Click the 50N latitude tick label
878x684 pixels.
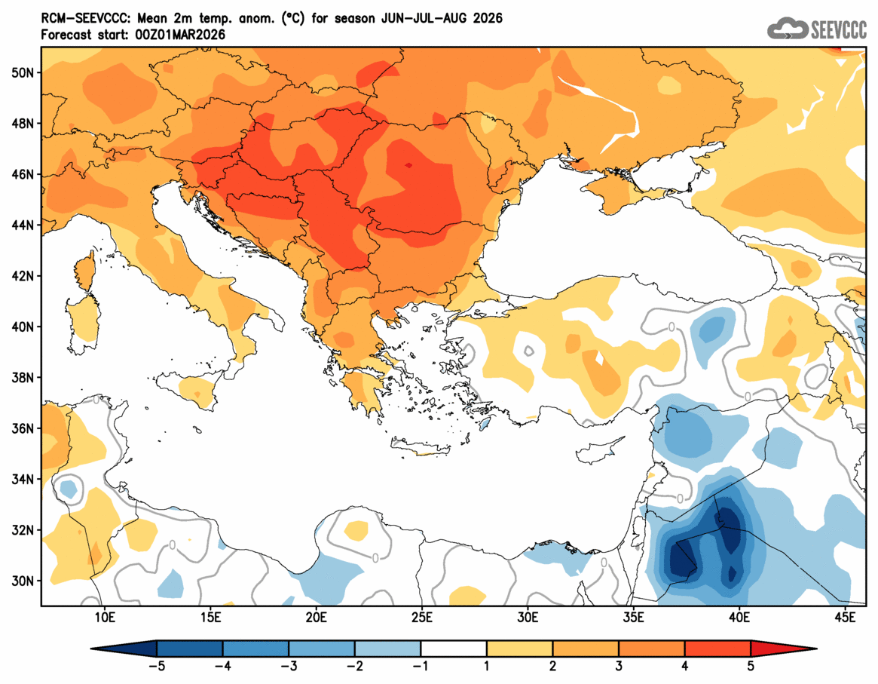click(23, 72)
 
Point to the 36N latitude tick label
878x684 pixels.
click(23, 428)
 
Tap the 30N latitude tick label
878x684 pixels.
click(23, 581)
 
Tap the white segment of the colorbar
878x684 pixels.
click(454, 649)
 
